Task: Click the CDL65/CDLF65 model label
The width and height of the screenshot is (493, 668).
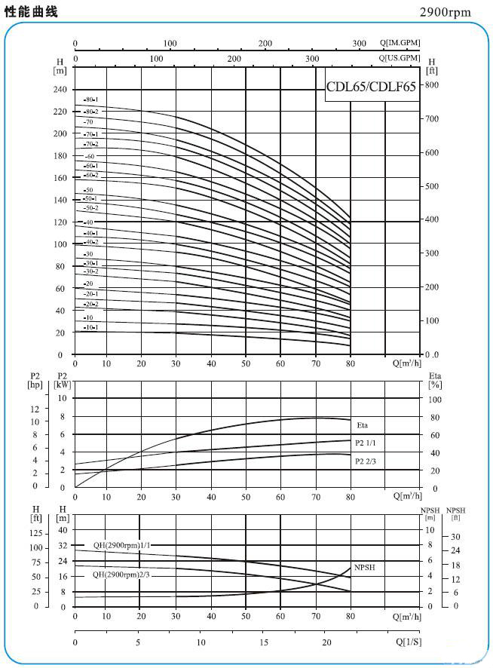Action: [370, 87]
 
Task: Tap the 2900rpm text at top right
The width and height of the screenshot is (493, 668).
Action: [446, 13]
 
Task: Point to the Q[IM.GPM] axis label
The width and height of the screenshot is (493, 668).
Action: [400, 43]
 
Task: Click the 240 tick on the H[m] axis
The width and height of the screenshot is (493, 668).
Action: [60, 89]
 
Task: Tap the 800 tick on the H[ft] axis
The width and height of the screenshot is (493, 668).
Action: [431, 84]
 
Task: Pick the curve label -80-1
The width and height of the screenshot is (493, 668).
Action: [91, 100]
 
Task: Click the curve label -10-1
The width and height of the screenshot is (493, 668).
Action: [91, 327]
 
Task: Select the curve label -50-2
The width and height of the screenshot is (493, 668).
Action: [91, 207]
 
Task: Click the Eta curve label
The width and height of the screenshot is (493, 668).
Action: [363, 426]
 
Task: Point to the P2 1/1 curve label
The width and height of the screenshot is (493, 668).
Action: [365, 443]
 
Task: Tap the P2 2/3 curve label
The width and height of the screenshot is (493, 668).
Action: [365, 460]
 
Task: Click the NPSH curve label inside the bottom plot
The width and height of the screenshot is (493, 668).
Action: [364, 566]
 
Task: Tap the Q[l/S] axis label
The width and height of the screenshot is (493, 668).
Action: [408, 642]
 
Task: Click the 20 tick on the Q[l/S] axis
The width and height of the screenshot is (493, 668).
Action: [326, 642]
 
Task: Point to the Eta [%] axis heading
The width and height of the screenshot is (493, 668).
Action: [435, 380]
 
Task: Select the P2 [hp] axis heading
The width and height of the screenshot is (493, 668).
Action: [35, 380]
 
